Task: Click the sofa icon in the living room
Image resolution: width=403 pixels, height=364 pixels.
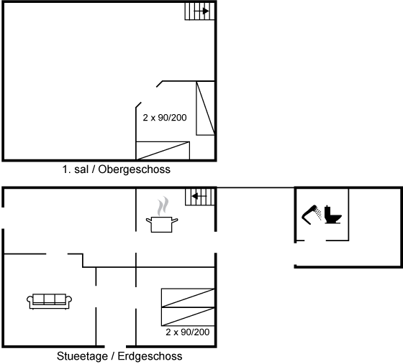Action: click(49, 302)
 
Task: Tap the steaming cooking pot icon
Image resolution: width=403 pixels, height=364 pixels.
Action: click(162, 215)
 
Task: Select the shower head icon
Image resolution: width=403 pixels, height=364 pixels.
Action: click(311, 215)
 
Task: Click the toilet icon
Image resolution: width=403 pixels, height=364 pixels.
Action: click(332, 215)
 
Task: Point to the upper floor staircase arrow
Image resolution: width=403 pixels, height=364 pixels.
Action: click(201, 11)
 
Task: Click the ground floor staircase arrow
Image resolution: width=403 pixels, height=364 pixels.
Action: click(199, 196)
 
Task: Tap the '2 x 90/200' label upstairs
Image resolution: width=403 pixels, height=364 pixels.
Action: click(165, 118)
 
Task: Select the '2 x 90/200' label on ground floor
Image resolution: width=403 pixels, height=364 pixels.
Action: click(188, 332)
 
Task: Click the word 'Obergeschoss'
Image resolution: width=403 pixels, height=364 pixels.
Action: click(134, 169)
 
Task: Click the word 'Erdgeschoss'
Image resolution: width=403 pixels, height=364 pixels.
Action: click(150, 356)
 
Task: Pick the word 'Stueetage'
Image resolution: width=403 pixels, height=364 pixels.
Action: click(82, 356)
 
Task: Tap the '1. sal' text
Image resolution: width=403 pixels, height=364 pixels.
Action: click(76, 169)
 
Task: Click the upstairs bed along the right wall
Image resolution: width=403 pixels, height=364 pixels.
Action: click(205, 108)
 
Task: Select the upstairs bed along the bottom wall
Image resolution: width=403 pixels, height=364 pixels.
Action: click(163, 151)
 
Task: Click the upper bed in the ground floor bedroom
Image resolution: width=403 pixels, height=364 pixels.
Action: click(188, 298)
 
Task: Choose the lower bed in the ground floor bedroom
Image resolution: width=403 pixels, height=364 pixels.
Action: click(188, 317)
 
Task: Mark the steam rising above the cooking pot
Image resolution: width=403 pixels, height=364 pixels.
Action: click(163, 206)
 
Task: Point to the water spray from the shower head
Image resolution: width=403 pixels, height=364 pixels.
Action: click(319, 214)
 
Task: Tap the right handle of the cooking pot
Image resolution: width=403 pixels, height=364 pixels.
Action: click(175, 220)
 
